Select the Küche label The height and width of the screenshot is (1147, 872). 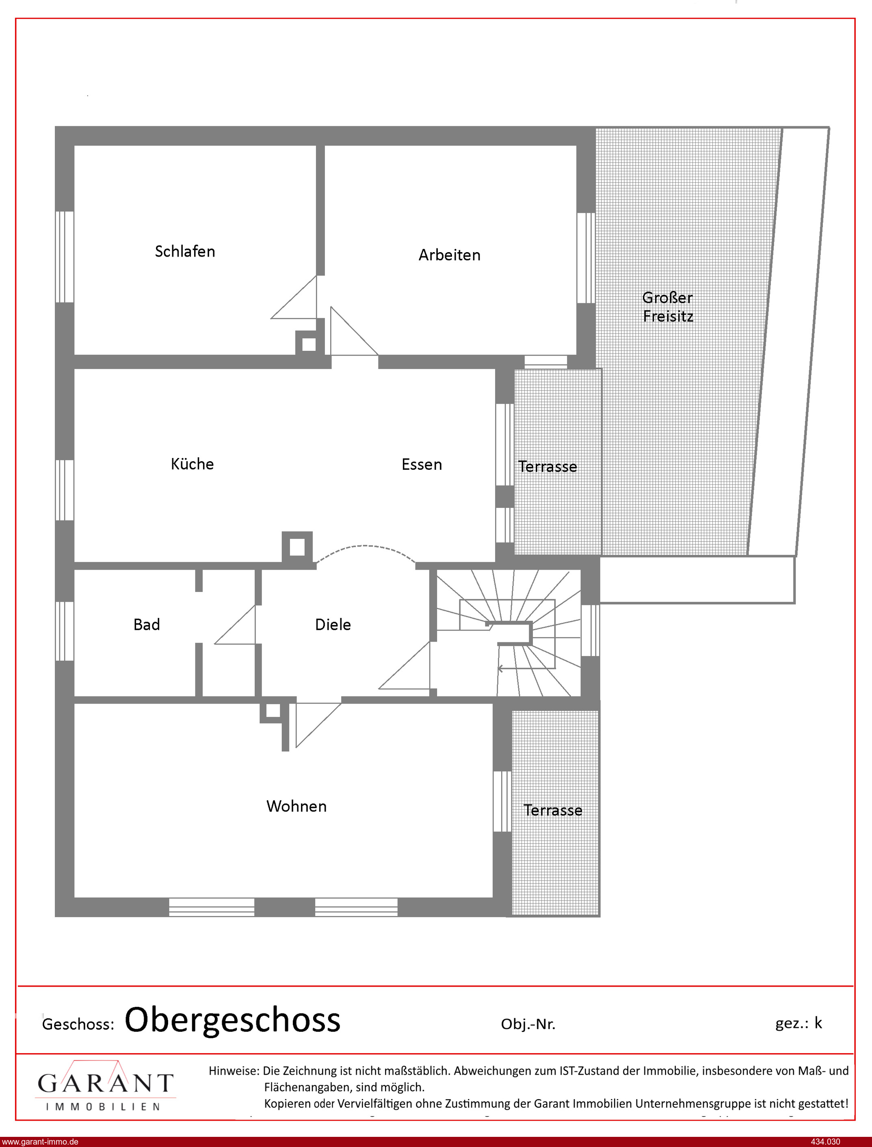[x=192, y=464]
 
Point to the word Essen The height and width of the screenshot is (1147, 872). [x=422, y=464]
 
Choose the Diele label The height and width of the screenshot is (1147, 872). [x=333, y=624]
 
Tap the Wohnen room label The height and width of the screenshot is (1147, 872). [x=296, y=806]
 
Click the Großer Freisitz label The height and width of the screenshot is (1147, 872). [x=667, y=307]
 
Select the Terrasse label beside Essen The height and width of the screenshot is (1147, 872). [x=547, y=467]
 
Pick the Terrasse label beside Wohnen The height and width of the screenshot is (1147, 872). [x=553, y=810]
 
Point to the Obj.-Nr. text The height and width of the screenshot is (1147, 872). [x=528, y=1024]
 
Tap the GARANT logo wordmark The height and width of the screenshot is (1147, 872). [x=105, y=1083]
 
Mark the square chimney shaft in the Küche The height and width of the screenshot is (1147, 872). [x=297, y=547]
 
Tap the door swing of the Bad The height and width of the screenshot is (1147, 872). [x=235, y=624]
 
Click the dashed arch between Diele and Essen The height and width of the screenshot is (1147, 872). [x=366, y=546]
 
